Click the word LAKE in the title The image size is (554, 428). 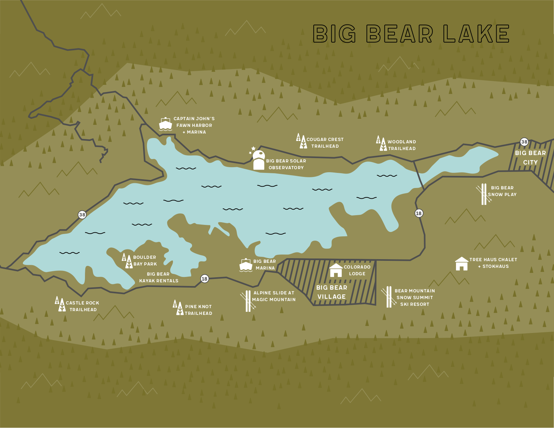[476, 34]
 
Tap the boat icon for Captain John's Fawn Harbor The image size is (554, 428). [166, 124]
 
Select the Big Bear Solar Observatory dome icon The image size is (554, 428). [259, 160]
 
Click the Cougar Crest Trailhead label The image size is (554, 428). [325, 143]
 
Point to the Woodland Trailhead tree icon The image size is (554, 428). [381, 144]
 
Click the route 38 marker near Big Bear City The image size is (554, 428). [524, 142]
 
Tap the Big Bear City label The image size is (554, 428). [530, 157]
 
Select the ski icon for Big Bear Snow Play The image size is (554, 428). [484, 194]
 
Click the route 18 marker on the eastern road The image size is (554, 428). [419, 213]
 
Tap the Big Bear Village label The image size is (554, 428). [332, 292]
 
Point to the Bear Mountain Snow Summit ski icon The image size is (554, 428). [389, 297]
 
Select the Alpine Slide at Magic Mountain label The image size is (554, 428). [274, 296]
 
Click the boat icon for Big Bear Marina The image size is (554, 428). [246, 265]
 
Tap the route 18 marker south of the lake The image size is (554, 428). [204, 279]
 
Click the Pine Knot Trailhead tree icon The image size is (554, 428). [178, 308]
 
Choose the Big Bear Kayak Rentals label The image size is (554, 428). [158, 277]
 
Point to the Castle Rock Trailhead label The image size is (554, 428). [83, 306]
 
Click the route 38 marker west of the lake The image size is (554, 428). [82, 215]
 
